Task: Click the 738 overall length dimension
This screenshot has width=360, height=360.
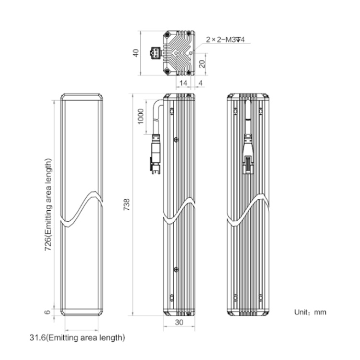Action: pyautogui.click(x=127, y=204)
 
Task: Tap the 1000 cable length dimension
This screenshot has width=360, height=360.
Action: pyautogui.click(x=141, y=117)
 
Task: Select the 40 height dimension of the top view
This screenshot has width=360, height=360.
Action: pyautogui.click(x=136, y=53)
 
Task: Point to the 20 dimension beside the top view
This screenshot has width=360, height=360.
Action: pyautogui.click(x=202, y=64)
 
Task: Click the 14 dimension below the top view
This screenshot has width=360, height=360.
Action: pyautogui.click(x=183, y=83)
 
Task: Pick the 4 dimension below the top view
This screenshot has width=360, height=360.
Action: pyautogui.click(x=201, y=83)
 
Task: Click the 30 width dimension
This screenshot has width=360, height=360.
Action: pyautogui.click(x=179, y=323)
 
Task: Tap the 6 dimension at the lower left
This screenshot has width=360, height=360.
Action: pyautogui.click(x=48, y=312)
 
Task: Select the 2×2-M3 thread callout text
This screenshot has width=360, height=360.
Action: pyautogui.click(x=225, y=39)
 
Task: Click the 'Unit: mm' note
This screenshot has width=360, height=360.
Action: pyautogui.click(x=310, y=312)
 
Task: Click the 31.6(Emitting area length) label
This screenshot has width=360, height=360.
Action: pyautogui.click(x=77, y=338)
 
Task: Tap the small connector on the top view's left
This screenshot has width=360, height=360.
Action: pyautogui.click(x=156, y=53)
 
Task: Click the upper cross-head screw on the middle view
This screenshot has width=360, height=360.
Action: pyautogui.click(x=176, y=140)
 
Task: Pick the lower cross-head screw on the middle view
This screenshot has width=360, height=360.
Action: pyautogui.click(x=176, y=269)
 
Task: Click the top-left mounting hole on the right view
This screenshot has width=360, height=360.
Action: pyautogui.click(x=235, y=111)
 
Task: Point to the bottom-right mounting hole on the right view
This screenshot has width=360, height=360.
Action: pyautogui.click(x=261, y=298)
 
